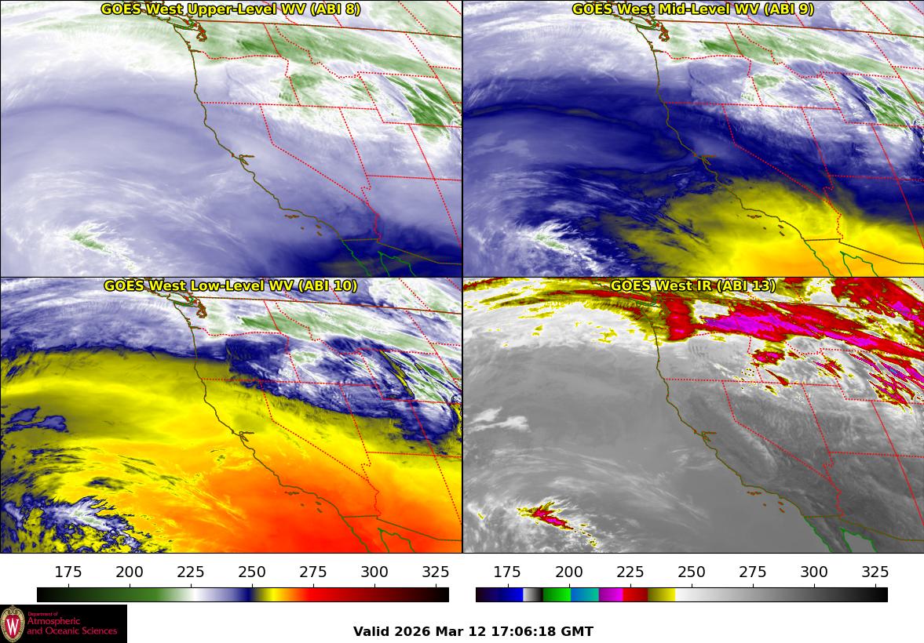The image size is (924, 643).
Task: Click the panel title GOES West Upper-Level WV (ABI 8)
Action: point(231,9)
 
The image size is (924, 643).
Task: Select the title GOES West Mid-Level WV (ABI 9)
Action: point(692,9)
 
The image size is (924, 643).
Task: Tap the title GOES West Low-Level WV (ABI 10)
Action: point(231,285)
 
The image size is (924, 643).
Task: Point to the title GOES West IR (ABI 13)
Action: point(692,285)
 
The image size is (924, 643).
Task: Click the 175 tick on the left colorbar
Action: point(68,572)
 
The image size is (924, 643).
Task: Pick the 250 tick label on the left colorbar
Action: point(252,572)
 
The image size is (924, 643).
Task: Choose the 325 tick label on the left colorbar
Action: point(436,572)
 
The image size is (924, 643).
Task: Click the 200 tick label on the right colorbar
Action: point(568,572)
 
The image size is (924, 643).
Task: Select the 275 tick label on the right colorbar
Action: point(752,572)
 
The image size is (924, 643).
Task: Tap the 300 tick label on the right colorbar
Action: point(813,572)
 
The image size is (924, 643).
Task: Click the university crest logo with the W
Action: point(13,624)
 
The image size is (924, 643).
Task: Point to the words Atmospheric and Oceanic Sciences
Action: point(72,626)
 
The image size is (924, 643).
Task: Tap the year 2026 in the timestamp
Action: point(412,631)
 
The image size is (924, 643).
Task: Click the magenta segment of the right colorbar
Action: point(611,594)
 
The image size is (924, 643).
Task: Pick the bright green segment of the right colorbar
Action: point(556,594)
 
